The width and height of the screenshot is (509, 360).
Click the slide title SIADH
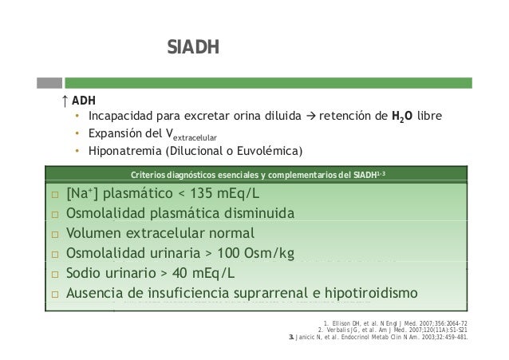[x=187, y=49]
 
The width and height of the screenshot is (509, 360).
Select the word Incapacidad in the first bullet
[x=122, y=119]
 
